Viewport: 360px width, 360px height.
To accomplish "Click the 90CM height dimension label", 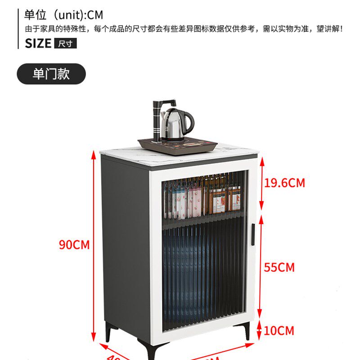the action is click(x=74, y=245).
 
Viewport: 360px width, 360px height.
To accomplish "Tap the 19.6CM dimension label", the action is click(x=284, y=183).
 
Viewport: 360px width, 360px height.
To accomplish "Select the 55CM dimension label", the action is click(x=279, y=267).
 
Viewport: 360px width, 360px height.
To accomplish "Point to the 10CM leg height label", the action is click(x=279, y=331).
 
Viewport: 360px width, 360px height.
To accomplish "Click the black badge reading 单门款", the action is click(x=51, y=74).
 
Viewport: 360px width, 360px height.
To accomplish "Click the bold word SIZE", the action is click(x=38, y=44).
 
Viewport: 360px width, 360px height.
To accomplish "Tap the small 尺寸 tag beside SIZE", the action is click(x=65, y=44).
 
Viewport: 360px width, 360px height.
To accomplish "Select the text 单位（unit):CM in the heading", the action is click(x=63, y=15).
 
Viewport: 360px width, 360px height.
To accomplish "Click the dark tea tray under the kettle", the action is click(x=177, y=145).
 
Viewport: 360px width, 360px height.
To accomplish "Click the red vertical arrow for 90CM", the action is click(x=94, y=245).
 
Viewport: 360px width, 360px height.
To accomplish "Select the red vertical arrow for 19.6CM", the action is click(x=259, y=184).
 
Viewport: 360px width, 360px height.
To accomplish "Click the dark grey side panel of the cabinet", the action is click(x=126, y=243).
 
